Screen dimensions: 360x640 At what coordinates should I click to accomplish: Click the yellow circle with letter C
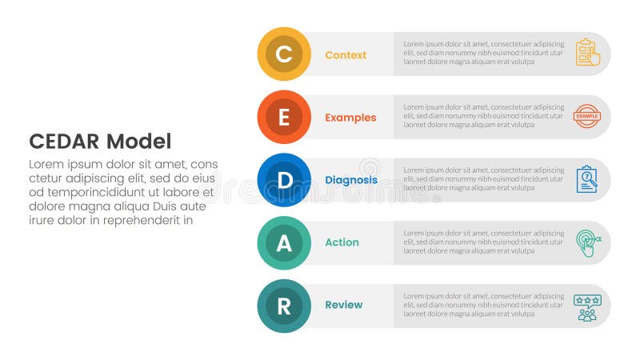[284, 54]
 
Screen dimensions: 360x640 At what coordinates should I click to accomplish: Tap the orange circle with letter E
[284, 118]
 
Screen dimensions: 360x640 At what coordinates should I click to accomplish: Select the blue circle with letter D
[284, 180]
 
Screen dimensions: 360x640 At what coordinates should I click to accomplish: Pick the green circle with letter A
[284, 242]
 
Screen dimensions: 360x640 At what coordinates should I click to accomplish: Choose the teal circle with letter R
[284, 306]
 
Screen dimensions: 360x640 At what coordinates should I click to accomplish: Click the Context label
[346, 55]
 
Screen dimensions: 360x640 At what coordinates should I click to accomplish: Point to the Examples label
[350, 118]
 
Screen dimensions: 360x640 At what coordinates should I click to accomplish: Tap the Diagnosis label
[351, 180]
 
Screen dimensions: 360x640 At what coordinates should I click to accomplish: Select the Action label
[342, 242]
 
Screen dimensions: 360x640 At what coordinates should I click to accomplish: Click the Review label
[343, 305]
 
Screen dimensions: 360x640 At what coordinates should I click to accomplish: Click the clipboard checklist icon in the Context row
[587, 53]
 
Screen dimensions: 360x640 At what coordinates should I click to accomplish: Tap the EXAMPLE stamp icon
[587, 116]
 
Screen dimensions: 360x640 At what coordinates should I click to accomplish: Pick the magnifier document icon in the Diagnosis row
[587, 179]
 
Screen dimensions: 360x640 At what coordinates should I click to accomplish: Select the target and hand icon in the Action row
[587, 242]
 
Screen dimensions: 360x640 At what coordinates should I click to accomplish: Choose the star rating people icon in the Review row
[587, 307]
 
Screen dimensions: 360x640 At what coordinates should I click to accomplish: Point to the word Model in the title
[140, 142]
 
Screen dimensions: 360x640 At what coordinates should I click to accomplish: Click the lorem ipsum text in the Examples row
[483, 116]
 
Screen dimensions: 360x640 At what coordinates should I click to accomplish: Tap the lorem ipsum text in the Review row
[483, 305]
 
